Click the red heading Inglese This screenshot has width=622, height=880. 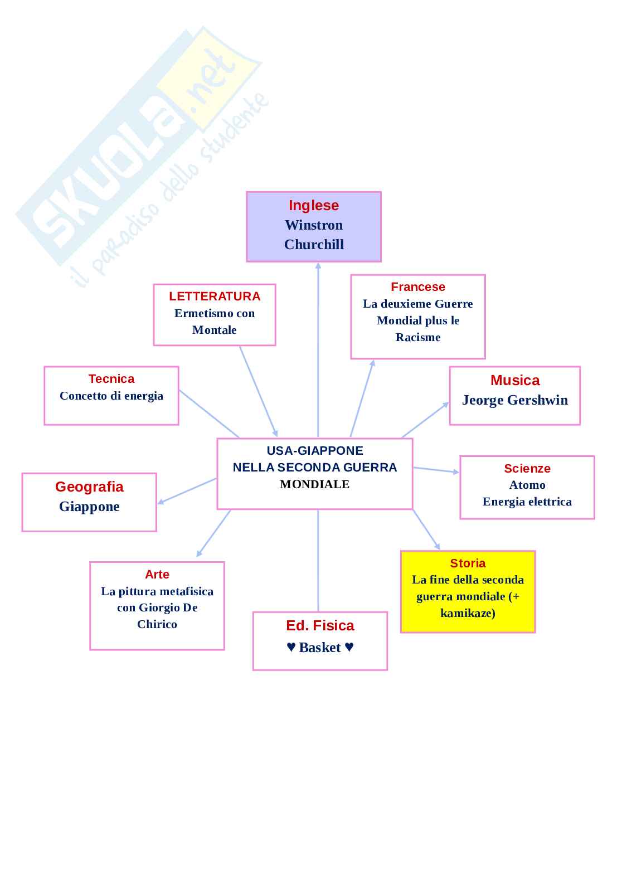tap(313, 206)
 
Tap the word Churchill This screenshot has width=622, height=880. tap(314, 245)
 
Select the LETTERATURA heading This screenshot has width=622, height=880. tap(215, 296)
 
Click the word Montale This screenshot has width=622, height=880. tap(215, 330)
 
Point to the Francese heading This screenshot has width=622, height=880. tap(418, 287)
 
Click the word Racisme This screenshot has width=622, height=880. tap(418, 337)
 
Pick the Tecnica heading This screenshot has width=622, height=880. tap(111, 379)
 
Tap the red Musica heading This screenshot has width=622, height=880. tap(515, 381)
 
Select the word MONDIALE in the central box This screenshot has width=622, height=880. tap(314, 484)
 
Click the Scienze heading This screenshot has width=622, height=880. tap(527, 469)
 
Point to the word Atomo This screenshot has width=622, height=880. tap(527, 485)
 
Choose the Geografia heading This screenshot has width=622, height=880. tap(89, 487)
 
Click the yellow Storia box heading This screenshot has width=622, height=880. tap(468, 563)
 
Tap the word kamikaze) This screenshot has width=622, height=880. tap(468, 613)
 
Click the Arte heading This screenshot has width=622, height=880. tap(157, 575)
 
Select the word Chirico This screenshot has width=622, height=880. tap(157, 624)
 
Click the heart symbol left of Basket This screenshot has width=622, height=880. tap(291, 648)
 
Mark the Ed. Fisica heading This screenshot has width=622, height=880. tap(320, 626)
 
